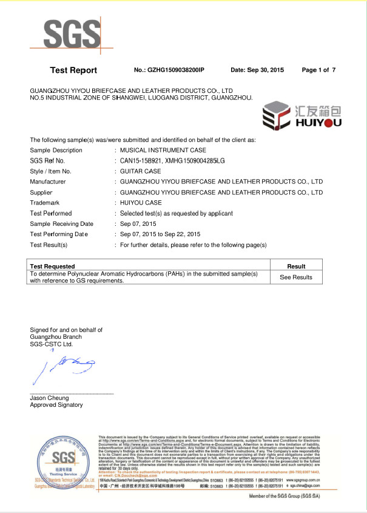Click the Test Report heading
[x=73, y=70]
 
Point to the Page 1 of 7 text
[x=318, y=70]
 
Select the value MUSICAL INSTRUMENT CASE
[x=163, y=150]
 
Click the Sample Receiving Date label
[x=62, y=223]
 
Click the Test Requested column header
[x=53, y=267]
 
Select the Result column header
[x=296, y=267]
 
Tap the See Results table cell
[x=296, y=277]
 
